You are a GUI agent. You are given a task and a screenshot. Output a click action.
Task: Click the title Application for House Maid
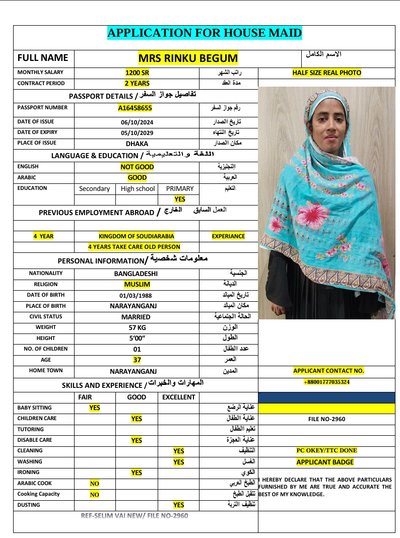[205, 33]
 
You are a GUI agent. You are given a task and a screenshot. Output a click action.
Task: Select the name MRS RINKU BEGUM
[188, 58]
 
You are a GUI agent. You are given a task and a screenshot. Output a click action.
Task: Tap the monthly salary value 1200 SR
[137, 73]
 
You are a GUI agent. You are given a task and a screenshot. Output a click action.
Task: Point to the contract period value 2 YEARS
[137, 84]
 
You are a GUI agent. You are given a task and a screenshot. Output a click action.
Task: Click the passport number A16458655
[135, 108]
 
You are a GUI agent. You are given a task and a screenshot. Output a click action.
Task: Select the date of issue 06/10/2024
[137, 122]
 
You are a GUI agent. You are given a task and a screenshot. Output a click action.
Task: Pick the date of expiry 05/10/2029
[137, 133]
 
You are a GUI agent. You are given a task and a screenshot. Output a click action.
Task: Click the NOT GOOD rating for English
[137, 167]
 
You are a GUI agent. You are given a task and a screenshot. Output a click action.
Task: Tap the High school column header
[138, 189]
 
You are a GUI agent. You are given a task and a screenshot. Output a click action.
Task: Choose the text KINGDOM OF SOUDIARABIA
[137, 236]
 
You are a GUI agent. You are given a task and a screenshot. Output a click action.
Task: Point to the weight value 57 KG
[137, 328]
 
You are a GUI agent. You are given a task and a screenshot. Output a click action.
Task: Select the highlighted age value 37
[137, 360]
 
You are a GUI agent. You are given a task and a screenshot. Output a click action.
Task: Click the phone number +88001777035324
[326, 382]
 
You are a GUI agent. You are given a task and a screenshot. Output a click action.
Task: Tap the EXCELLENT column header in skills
[178, 397]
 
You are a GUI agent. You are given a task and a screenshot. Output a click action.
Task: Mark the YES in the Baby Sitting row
[95, 408]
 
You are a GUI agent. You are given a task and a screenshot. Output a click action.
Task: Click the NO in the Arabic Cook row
[95, 484]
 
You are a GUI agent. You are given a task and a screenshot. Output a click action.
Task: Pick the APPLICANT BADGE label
[325, 462]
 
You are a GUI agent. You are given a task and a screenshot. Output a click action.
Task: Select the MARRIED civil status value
[136, 317]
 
